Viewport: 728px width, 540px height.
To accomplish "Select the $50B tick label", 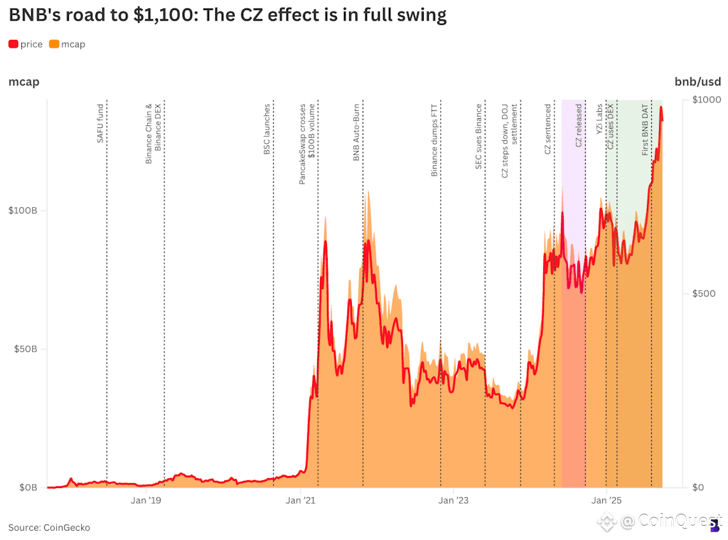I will (x=24, y=349).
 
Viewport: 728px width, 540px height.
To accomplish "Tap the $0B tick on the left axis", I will (x=26, y=487).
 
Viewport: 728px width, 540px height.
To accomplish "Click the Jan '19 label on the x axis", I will (x=146, y=500).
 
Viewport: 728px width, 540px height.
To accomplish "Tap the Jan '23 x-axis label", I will (x=454, y=500).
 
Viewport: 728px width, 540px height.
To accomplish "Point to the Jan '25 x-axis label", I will (x=606, y=500).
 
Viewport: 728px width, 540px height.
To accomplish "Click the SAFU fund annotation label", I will (x=101, y=125).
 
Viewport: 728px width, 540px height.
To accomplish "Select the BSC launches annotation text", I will (x=267, y=129).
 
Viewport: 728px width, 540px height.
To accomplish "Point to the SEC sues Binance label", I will (x=479, y=138).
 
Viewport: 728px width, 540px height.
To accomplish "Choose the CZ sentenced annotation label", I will (x=548, y=129).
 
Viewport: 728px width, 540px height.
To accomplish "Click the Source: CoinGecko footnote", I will (x=49, y=527).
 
